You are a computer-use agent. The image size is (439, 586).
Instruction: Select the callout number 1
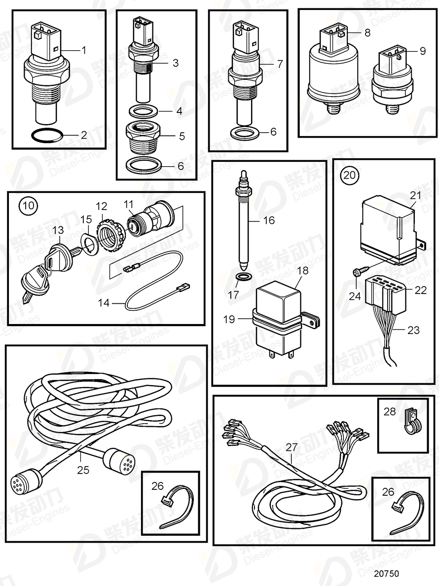click(x=83, y=49)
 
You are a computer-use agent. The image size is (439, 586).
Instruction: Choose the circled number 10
click(x=28, y=205)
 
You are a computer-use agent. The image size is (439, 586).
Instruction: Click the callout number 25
click(x=83, y=470)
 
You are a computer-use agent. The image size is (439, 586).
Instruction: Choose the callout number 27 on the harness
click(x=292, y=447)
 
